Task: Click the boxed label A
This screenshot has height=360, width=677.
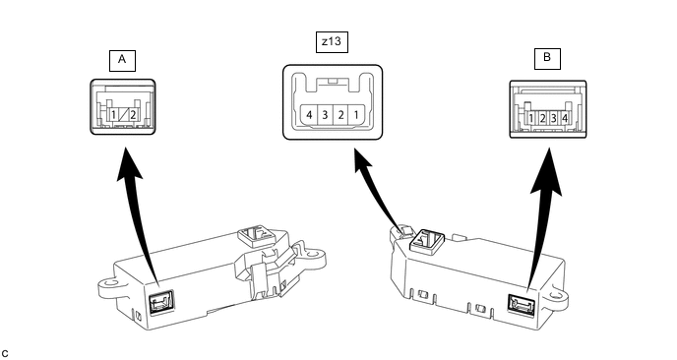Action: pyautogui.click(x=122, y=60)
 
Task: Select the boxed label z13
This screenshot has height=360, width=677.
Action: pyautogui.click(x=332, y=42)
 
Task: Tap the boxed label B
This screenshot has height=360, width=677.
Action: pyautogui.click(x=547, y=59)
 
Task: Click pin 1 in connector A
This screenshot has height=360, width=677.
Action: pyautogui.click(x=113, y=115)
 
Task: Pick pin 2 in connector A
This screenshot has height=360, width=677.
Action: pyautogui.click(x=133, y=115)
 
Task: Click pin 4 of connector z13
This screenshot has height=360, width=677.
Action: pyautogui.click(x=309, y=115)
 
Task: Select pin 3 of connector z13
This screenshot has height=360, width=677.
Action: pyautogui.click(x=325, y=115)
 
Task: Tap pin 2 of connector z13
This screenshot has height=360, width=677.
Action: pyautogui.click(x=340, y=115)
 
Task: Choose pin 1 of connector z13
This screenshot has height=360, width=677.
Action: pyautogui.click(x=356, y=115)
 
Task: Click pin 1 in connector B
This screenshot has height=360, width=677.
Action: pyautogui.click(x=531, y=118)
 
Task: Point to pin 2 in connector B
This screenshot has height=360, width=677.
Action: pyautogui.click(x=543, y=118)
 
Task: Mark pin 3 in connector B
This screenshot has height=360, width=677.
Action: pyautogui.click(x=554, y=118)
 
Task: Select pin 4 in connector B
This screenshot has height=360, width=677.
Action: pyautogui.click(x=564, y=118)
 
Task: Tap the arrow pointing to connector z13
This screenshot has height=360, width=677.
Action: pyautogui.click(x=380, y=190)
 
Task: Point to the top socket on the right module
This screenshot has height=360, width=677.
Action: pyautogui.click(x=427, y=240)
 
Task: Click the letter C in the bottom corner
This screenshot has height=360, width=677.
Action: pyautogui.click(x=5, y=354)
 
